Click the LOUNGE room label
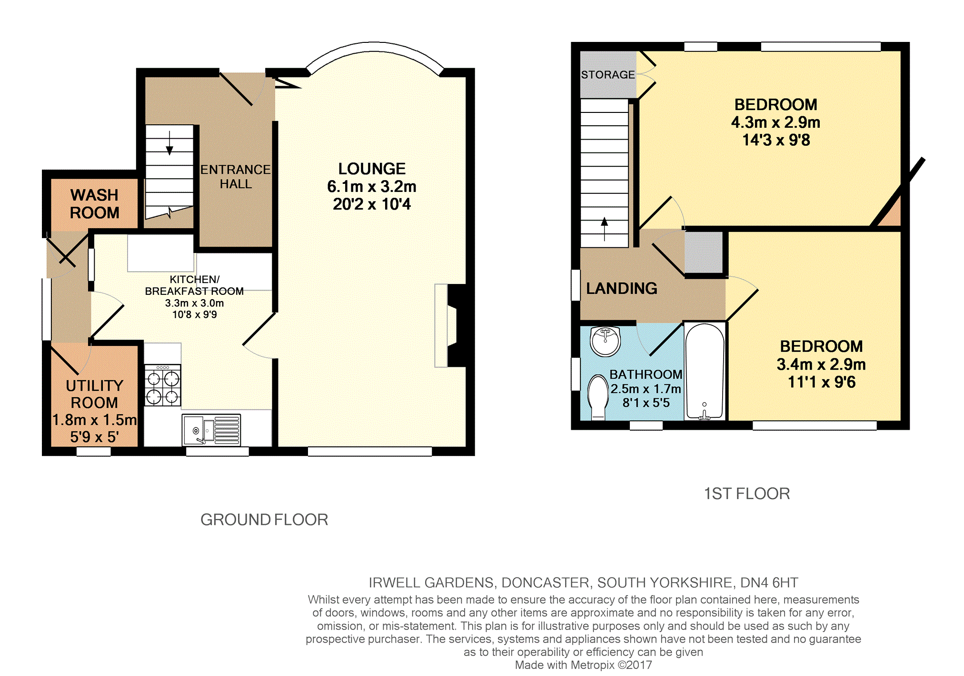tap(372, 169)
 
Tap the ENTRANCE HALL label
tap(235, 177)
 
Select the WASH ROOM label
tap(94, 204)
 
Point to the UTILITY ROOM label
tap(94, 394)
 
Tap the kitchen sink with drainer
tap(211, 430)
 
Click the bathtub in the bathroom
tap(705, 372)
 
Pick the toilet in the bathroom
tap(598, 397)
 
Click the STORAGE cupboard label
tap(608, 75)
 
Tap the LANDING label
tap(621, 288)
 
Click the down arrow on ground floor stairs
tap(169, 143)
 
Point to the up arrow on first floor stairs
tap(605, 229)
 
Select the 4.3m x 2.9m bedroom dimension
tap(776, 122)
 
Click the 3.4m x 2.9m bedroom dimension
tap(821, 364)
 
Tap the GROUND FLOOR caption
tap(264, 520)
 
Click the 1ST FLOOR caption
tap(747, 494)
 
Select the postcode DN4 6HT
tap(769, 583)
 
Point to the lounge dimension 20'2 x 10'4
tap(372, 204)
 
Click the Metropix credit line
tap(583, 665)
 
